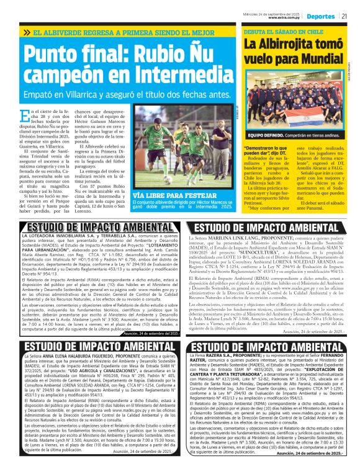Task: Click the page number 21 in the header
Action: (x=344, y=16)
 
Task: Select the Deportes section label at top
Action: (x=321, y=16)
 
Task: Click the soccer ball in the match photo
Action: (x=168, y=181)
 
